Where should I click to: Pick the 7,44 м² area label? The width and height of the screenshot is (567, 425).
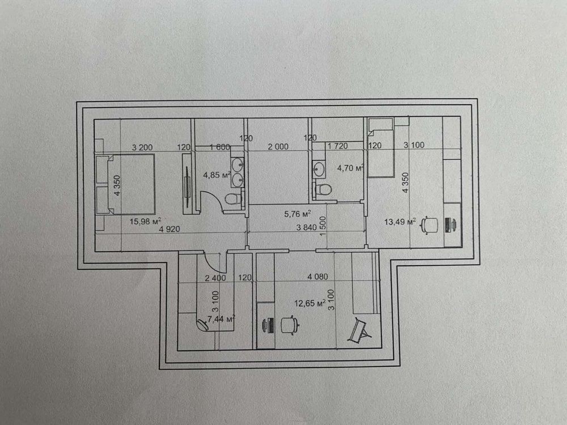[x=222, y=320]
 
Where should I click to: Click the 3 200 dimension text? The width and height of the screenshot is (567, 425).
[x=142, y=147]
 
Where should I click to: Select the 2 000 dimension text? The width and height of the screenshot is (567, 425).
[x=278, y=147]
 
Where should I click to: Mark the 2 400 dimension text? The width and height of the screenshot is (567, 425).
[x=215, y=278]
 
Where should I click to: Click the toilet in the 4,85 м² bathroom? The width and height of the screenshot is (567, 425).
[x=231, y=199]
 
